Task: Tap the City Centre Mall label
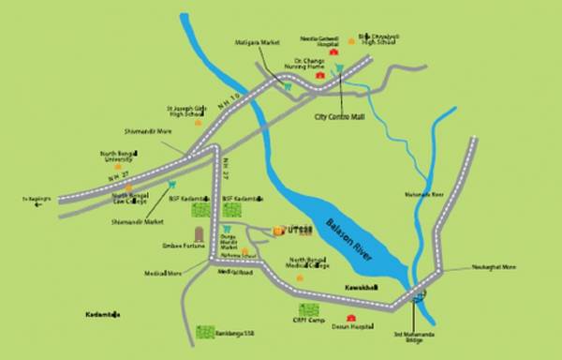click(x=339, y=119)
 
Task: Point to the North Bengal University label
click(x=120, y=157)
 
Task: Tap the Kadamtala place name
click(x=103, y=314)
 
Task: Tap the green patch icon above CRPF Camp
click(x=307, y=309)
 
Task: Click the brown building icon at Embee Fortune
click(x=198, y=234)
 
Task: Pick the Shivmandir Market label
click(x=129, y=221)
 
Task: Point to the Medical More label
click(x=163, y=275)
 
